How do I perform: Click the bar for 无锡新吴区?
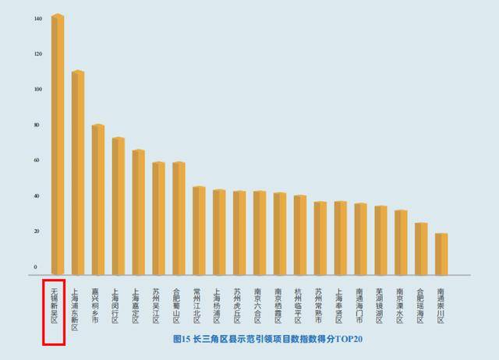pyautogui.click(x=57, y=144)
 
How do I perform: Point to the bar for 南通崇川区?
pyautogui.click(x=441, y=254)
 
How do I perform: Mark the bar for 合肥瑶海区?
pyautogui.click(x=420, y=249)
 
